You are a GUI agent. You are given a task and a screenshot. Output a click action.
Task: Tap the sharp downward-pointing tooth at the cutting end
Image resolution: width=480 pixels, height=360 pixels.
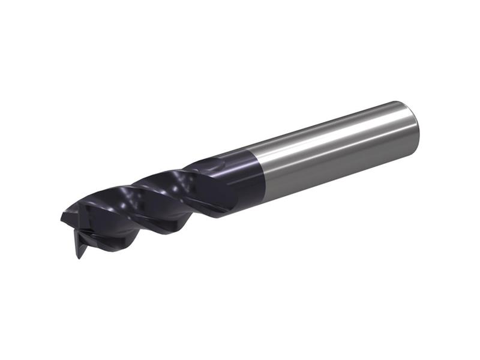point(77,252)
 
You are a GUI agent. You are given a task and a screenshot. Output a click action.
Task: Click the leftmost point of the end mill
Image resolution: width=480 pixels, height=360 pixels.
point(61,215)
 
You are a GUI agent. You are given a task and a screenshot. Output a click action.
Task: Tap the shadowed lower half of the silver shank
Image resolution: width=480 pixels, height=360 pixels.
point(336,165)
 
